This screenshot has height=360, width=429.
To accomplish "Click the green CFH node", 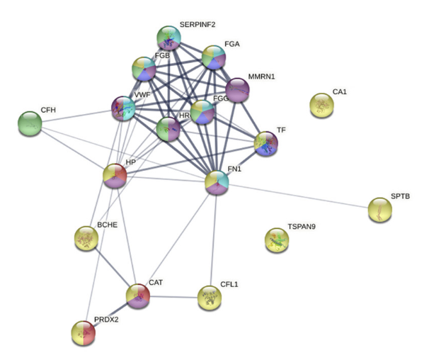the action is pos(30,123).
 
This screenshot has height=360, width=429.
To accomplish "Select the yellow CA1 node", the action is pos(321,105).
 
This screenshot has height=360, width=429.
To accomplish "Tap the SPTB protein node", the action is pos(380,210).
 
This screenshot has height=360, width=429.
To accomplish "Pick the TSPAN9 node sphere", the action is pos(277,240).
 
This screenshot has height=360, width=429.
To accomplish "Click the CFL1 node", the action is pos(210,298).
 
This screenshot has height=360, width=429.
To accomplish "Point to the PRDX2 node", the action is pos(84,333).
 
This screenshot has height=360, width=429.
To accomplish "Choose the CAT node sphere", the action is pos(138,296).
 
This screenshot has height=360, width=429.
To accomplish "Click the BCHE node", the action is pos(86,238).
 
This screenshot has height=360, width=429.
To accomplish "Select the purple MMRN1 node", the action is pos(237,90).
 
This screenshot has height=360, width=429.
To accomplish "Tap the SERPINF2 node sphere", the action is pos(168,38).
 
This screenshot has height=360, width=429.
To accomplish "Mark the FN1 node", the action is pos(217,182).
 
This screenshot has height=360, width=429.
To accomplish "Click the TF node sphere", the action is pos(266,144).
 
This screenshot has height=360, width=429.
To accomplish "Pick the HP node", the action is pos(115,176).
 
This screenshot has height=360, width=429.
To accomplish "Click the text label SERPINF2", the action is pos(198,25).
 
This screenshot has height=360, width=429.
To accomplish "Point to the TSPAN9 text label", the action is pos(302,227).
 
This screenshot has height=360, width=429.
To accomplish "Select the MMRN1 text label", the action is pos(261,77).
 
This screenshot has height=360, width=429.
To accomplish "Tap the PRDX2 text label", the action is pos(106,320).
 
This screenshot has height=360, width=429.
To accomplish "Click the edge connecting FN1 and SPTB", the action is pos(299,196).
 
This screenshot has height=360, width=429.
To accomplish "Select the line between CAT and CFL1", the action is pos(173,297).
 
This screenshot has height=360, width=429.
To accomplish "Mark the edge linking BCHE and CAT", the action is pos(112,267).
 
